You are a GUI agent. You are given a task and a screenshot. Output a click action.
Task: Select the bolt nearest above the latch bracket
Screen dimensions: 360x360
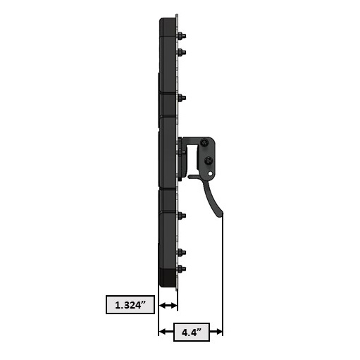click(182, 97)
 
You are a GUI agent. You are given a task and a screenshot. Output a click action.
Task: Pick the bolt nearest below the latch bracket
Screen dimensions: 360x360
click(182, 216)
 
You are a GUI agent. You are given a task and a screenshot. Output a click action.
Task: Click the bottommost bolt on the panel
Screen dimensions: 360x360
click(182, 268)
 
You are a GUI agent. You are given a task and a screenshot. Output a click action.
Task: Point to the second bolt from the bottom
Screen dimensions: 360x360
click(182, 252)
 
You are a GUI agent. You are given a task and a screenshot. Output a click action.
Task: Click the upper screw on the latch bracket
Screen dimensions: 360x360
click(204, 144)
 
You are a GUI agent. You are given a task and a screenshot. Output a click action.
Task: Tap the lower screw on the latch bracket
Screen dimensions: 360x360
click(209, 161)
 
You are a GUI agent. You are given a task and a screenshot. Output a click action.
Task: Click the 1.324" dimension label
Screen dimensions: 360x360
click(130, 306)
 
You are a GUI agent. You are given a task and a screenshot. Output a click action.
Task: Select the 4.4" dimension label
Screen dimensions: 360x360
click(192, 331)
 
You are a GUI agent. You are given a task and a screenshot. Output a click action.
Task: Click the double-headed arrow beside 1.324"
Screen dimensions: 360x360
click(168, 306)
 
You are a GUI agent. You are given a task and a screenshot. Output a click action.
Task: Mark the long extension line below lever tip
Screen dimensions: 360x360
click(223, 275)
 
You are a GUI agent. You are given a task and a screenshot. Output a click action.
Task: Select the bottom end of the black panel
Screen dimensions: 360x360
click(167, 283)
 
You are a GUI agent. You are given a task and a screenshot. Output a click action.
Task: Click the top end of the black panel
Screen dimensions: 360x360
click(168, 18)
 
